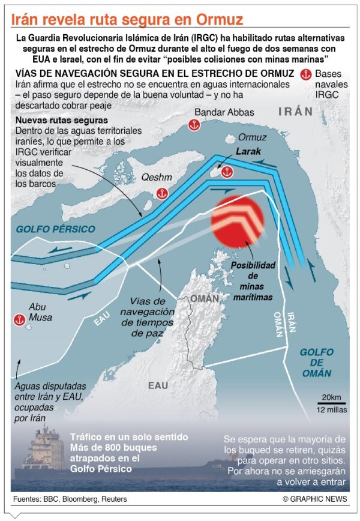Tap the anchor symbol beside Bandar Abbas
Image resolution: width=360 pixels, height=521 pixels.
click(193, 125)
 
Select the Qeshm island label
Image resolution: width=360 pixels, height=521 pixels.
click(152, 178)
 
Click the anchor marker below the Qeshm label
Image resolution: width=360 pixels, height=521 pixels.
click(161, 193)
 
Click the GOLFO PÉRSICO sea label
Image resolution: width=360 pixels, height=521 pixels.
click(55, 229)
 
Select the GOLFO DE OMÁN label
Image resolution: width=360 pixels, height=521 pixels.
click(316, 362)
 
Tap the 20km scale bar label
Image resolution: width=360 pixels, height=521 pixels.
click(331, 397)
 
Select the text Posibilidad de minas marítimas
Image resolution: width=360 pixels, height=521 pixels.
click(253, 281)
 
